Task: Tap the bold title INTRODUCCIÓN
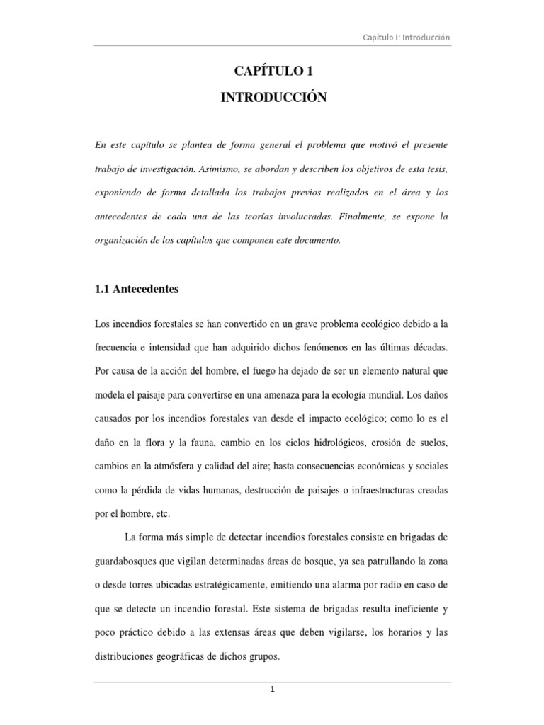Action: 273,98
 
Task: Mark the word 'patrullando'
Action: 384,563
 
